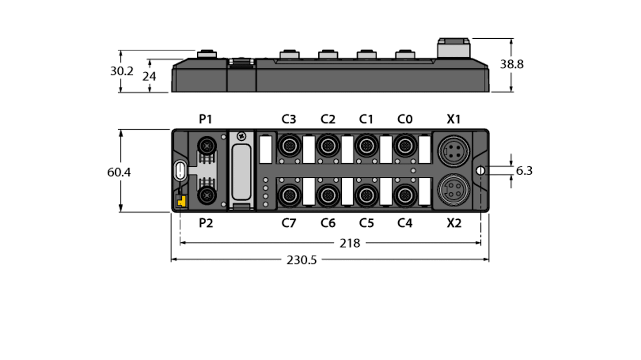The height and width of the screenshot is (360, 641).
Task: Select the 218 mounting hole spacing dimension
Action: [350, 244]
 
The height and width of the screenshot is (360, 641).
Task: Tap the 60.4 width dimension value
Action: [119, 172]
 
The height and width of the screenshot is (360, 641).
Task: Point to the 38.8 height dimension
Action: [511, 65]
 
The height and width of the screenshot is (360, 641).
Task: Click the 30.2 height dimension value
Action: [121, 71]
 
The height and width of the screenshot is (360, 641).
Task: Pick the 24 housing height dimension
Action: [149, 77]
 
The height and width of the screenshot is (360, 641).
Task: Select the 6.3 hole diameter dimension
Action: [524, 171]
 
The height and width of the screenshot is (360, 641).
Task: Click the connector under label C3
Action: [289, 146]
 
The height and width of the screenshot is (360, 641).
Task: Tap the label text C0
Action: [404, 120]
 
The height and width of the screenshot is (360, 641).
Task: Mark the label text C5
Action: [366, 223]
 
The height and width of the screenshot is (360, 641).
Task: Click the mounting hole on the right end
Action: [480, 171]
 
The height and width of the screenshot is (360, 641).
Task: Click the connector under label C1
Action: [366, 146]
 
